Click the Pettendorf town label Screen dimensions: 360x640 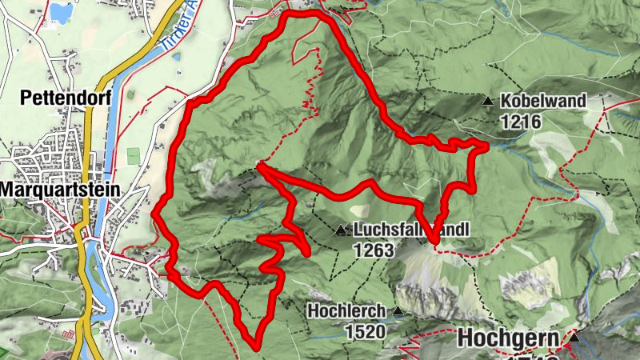[54, 99]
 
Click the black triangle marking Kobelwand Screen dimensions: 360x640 [488, 101]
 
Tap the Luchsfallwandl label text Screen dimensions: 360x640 [410, 230]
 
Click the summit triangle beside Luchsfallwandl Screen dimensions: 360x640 [342, 231]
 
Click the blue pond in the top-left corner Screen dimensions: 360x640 [60, 12]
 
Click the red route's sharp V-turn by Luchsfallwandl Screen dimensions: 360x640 [434, 240]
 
